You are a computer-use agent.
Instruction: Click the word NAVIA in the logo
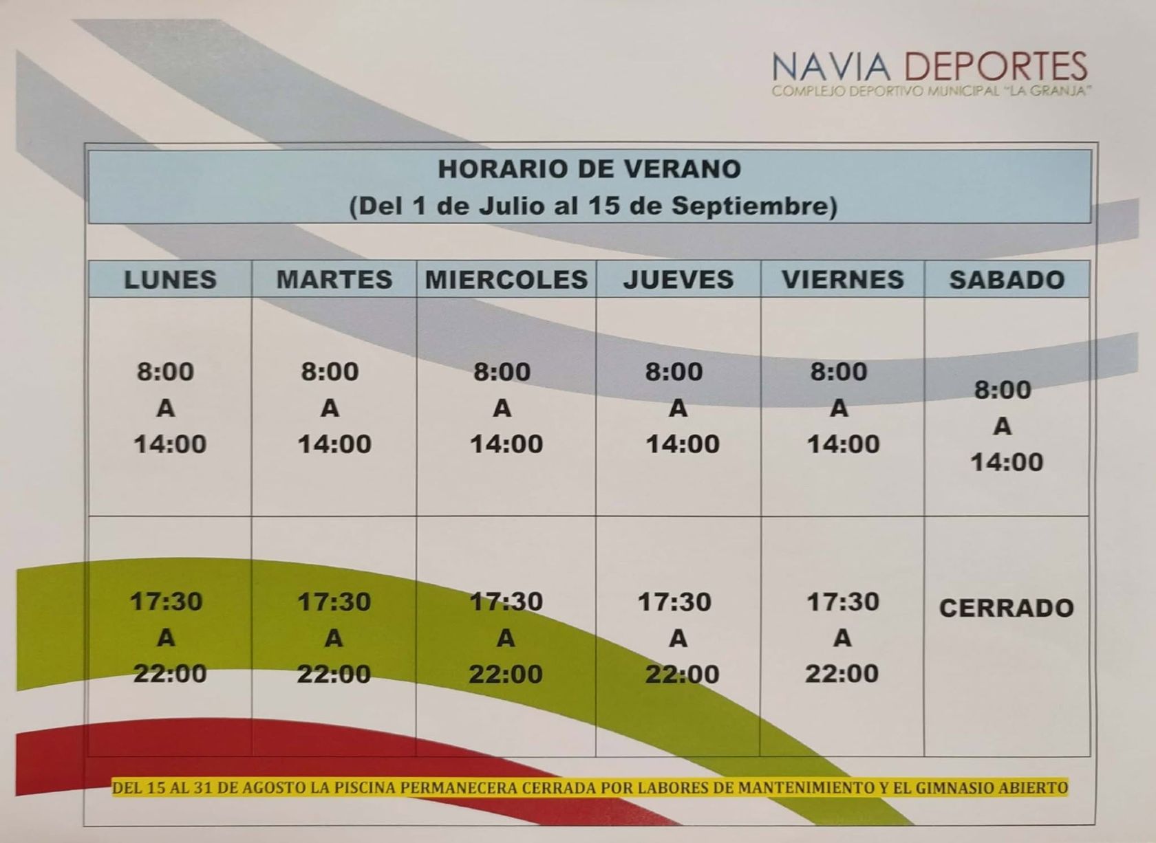pyautogui.click(x=831, y=67)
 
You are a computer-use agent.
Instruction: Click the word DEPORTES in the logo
pyautogui.click(x=996, y=67)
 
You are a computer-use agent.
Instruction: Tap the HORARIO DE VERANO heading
pyautogui.click(x=589, y=169)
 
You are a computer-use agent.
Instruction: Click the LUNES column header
pyautogui.click(x=171, y=279)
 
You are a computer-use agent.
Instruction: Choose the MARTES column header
pyautogui.click(x=334, y=279)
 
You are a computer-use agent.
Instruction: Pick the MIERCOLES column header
pyautogui.click(x=506, y=279)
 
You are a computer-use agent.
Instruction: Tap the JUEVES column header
pyautogui.click(x=678, y=279)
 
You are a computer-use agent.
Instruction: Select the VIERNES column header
pyautogui.click(x=842, y=279)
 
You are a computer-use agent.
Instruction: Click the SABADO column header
pyautogui.click(x=1007, y=280)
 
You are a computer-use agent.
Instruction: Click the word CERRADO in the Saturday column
pyautogui.click(x=1006, y=609)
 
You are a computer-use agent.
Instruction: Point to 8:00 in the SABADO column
pyautogui.click(x=1002, y=390)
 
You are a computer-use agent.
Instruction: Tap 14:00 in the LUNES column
pyautogui.click(x=171, y=444)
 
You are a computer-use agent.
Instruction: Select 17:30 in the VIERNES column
pyautogui.click(x=843, y=602)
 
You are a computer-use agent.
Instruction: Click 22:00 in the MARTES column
pyautogui.click(x=334, y=674)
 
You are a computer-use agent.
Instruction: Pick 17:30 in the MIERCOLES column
pyautogui.click(x=506, y=602)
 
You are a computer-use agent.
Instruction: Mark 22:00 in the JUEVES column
pyautogui.click(x=683, y=674)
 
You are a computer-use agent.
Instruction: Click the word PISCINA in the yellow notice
pyautogui.click(x=360, y=788)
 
